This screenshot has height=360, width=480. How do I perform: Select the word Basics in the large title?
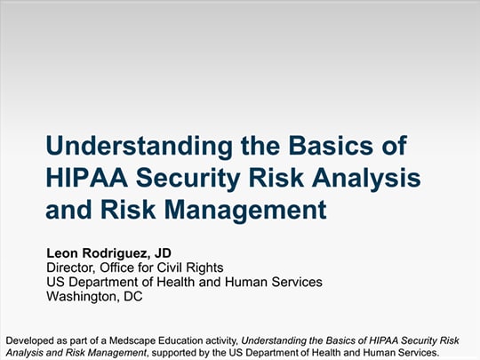(331, 146)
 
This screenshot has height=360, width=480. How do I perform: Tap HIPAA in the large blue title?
(86, 178)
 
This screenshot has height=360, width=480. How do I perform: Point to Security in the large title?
(188, 179)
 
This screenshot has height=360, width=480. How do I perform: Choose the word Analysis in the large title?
(366, 179)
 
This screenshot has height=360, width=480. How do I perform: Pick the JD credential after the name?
(163, 253)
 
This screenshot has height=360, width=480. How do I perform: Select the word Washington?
(83, 297)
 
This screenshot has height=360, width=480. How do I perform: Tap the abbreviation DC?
(133, 296)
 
